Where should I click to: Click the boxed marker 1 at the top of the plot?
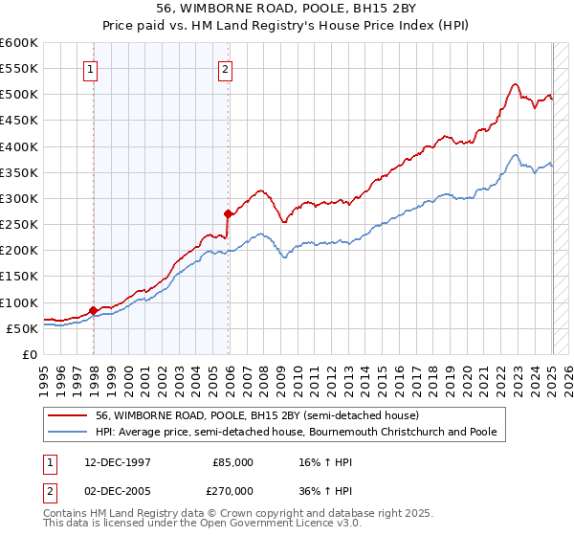click(91, 68)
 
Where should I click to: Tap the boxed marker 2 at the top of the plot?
click(225, 68)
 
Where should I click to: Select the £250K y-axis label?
click(18, 225)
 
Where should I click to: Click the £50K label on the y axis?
click(22, 328)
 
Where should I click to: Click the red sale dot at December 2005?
click(228, 213)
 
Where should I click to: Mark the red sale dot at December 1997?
click(93, 310)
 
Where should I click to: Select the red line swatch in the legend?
click(69, 415)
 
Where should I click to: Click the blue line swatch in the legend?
click(69, 433)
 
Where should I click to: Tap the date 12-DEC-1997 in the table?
click(111, 462)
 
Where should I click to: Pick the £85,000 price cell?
click(232, 462)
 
